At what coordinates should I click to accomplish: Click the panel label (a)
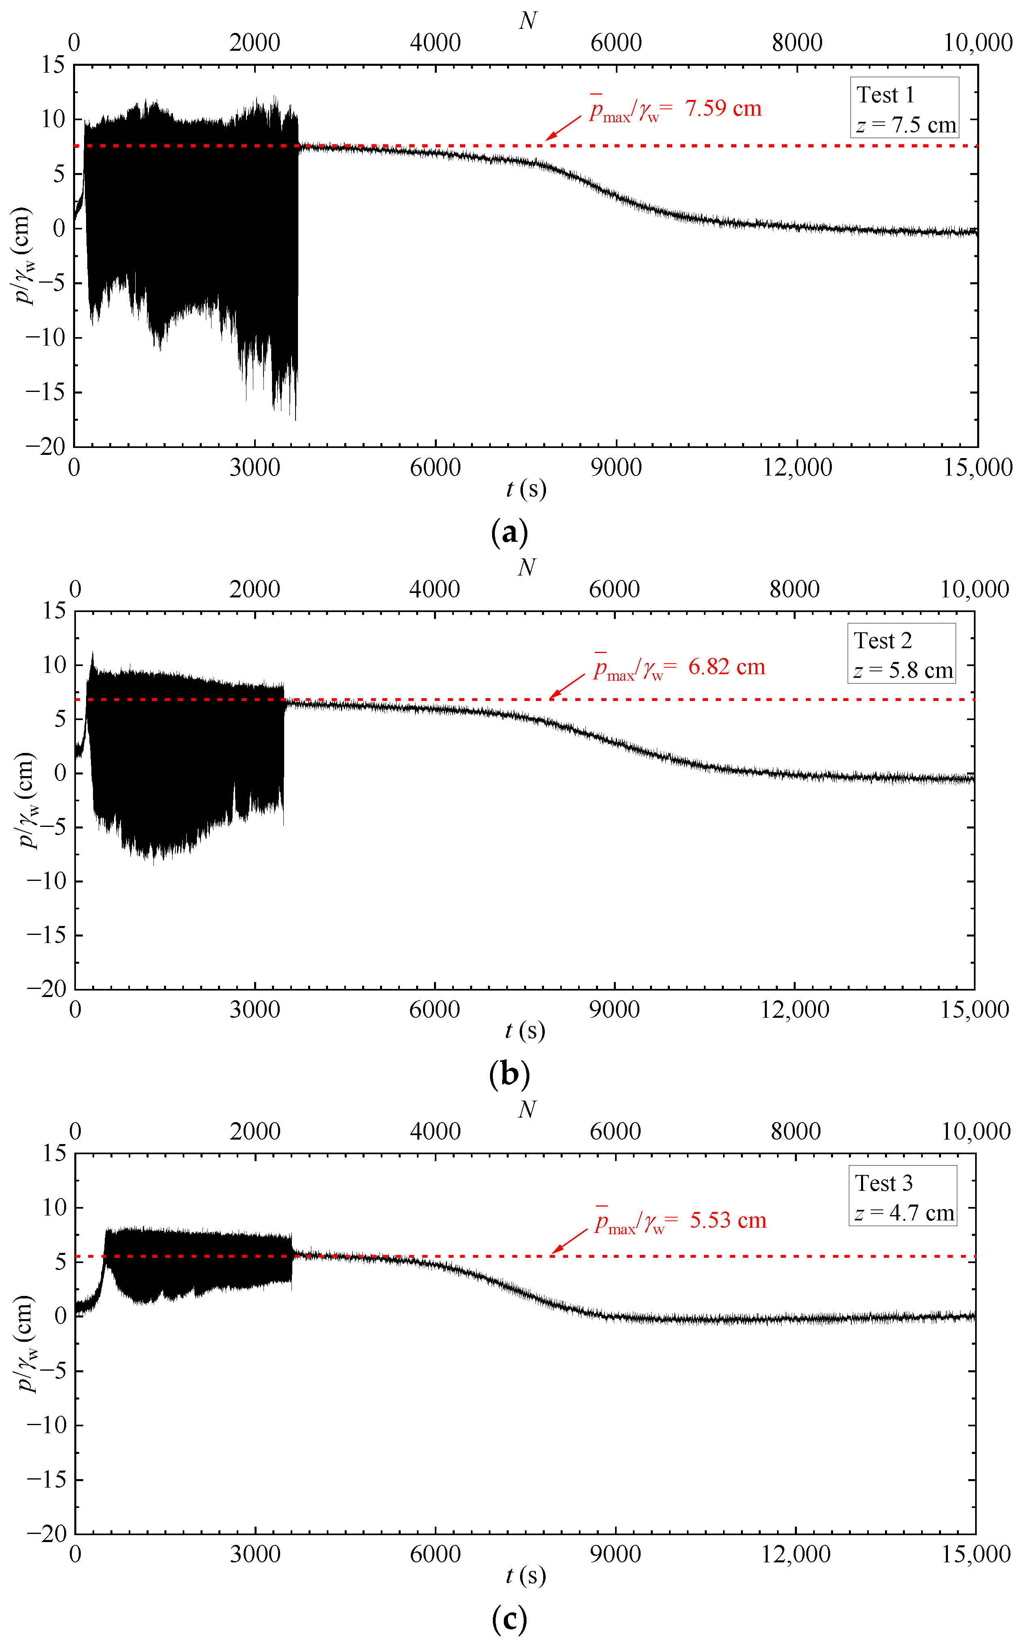point(509,532)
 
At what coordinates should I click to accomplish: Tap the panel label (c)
point(509,1618)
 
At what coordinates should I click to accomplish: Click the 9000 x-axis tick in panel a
point(616,467)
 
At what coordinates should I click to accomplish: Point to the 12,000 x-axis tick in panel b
point(795,1010)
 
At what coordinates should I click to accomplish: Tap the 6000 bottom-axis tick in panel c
point(435,1554)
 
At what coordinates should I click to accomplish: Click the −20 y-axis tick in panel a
point(46,446)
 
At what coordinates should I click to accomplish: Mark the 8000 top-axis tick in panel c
point(796,1131)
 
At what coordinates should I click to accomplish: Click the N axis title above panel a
point(527,22)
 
